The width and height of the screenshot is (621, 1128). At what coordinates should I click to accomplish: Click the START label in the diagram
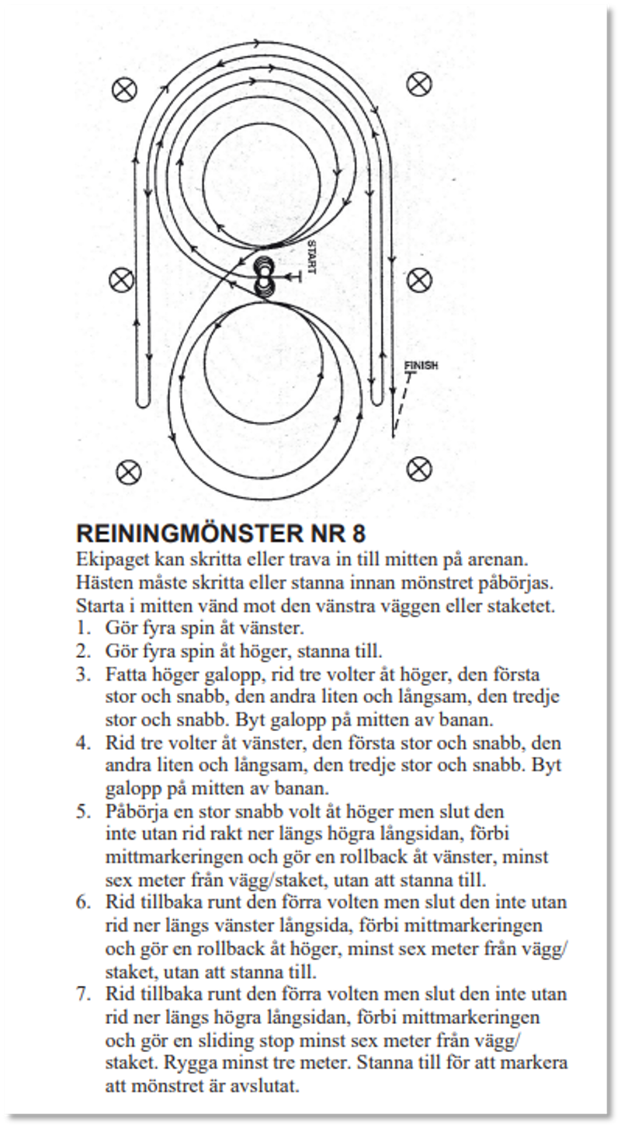[311, 256]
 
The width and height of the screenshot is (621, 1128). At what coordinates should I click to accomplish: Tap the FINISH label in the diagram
[422, 365]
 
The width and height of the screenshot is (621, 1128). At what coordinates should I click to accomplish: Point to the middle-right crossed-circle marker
[419, 278]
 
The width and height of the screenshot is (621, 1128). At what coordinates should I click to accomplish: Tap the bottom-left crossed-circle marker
[127, 471]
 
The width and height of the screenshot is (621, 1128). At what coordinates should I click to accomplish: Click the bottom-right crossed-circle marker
[419, 468]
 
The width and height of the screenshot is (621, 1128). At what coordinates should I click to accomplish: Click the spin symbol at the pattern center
[264, 277]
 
